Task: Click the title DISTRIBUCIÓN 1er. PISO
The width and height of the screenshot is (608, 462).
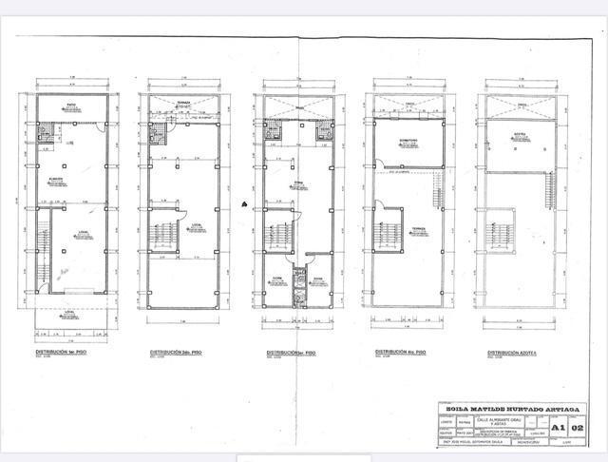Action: point(63,351)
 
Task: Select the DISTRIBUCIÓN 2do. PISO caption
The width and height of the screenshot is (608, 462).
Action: point(176,351)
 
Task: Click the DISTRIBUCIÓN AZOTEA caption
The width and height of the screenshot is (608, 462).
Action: point(512,351)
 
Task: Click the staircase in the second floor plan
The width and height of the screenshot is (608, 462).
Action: point(163,234)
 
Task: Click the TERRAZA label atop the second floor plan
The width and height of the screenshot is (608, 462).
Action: point(183,103)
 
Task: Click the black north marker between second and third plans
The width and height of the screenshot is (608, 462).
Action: point(245,202)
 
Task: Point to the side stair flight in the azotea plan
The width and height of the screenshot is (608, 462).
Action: point(548,190)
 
